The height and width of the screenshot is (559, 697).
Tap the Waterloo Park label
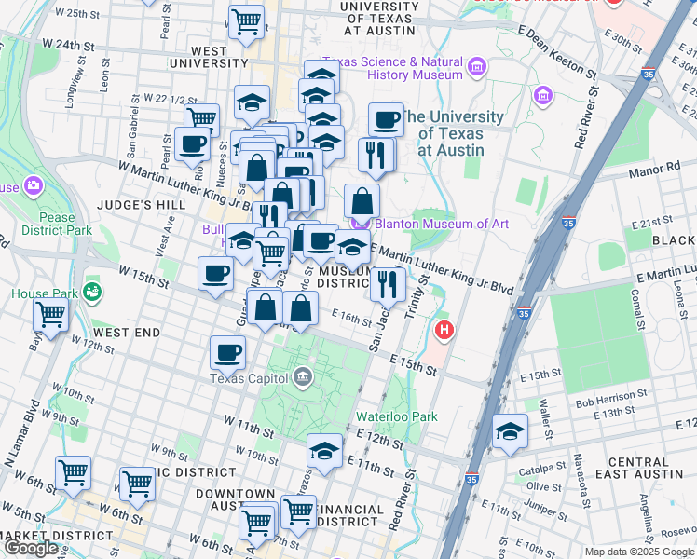pyautogui.click(x=396, y=417)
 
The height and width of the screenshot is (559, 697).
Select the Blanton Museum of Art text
pyautogui.click(x=442, y=224)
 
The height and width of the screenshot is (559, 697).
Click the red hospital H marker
pyautogui.click(x=445, y=330)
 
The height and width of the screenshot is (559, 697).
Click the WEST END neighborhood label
pyautogui.click(x=127, y=333)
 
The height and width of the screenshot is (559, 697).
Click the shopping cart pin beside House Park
pyautogui.click(x=50, y=316)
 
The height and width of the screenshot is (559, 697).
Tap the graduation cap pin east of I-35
pyautogui.click(x=511, y=431)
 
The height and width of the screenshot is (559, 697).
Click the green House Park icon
pyautogui.click(x=91, y=293)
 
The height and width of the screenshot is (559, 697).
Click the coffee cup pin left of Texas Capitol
pyautogui.click(x=228, y=352)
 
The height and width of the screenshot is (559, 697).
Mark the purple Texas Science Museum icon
pyautogui.click(x=478, y=67)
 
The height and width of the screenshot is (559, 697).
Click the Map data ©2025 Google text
pyautogui.click(x=638, y=552)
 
